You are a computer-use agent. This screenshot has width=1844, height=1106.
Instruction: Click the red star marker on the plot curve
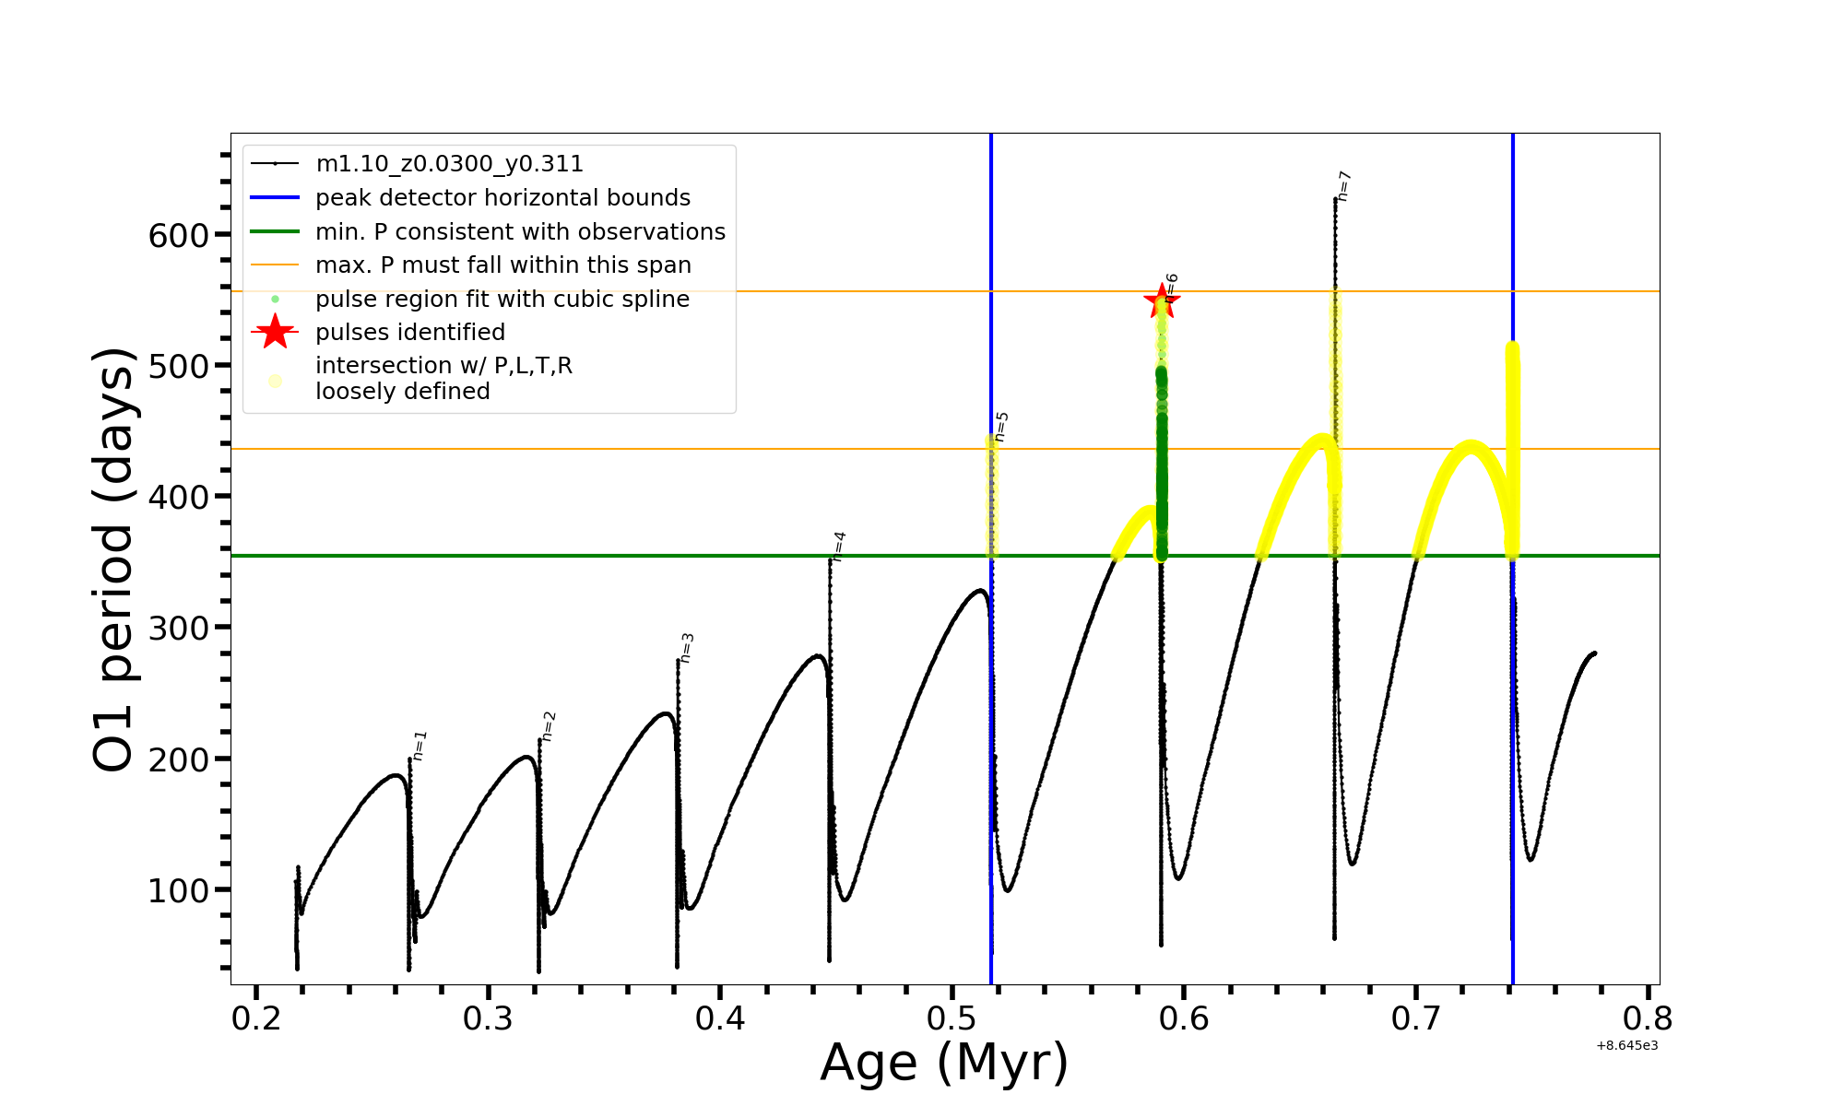click(x=1161, y=300)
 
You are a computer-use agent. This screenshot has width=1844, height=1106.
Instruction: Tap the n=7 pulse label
click(x=1343, y=186)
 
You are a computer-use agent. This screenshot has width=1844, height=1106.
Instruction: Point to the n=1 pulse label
click(x=420, y=746)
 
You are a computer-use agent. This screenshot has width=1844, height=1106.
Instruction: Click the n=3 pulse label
click(x=686, y=648)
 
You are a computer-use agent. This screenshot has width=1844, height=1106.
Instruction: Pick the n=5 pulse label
click(x=1001, y=427)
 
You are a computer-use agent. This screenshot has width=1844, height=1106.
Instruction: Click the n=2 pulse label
click(x=549, y=726)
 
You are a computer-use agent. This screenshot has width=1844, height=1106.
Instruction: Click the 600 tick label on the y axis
click(x=179, y=235)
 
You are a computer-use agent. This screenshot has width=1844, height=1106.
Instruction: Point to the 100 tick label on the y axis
click(x=179, y=890)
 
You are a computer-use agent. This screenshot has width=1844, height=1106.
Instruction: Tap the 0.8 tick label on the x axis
click(x=1648, y=1019)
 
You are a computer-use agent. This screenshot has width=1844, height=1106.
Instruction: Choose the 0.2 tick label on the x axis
click(x=256, y=1019)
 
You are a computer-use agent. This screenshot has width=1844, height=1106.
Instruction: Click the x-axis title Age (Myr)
click(x=944, y=1063)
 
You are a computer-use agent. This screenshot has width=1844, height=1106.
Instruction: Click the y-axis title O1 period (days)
click(x=114, y=559)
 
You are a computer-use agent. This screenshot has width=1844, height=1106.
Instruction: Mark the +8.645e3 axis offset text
click(x=1626, y=1045)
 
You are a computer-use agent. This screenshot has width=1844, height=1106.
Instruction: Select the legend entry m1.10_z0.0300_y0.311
click(x=449, y=164)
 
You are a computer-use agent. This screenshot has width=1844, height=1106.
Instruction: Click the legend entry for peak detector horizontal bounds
click(x=502, y=198)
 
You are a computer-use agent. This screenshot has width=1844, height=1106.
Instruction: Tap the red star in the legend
click(x=275, y=332)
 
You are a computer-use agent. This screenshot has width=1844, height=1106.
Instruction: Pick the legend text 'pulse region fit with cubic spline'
click(x=502, y=300)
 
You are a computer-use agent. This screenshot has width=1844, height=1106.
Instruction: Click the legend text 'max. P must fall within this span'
click(x=502, y=265)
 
